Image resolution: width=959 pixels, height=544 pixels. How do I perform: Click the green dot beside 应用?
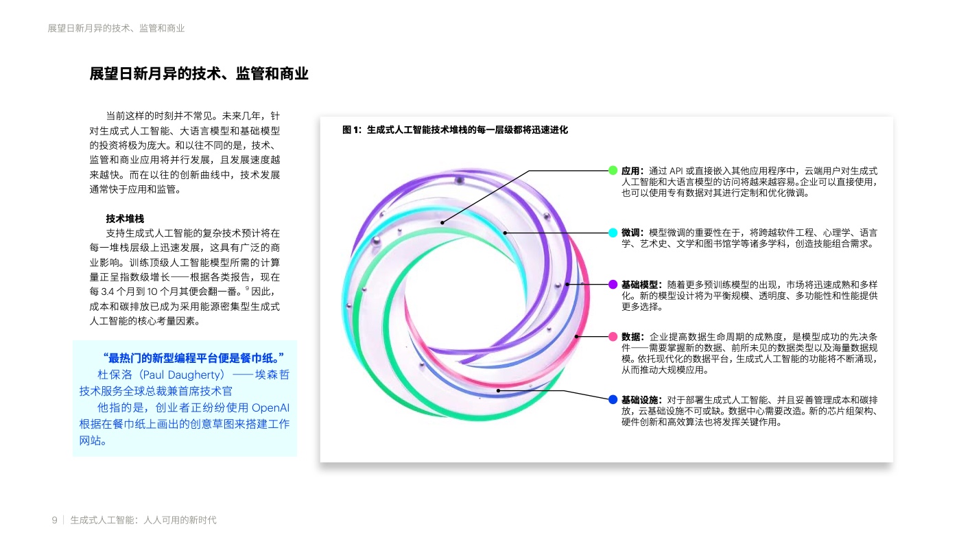pos(613,170)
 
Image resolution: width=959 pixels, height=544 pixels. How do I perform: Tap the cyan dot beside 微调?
pos(613,233)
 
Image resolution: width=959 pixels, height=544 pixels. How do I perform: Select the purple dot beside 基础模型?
pos(613,284)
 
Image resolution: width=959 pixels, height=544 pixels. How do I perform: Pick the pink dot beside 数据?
pos(613,336)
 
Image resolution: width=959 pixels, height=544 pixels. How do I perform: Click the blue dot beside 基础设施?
pos(613,399)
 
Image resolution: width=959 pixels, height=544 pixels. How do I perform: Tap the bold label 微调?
pos(630,233)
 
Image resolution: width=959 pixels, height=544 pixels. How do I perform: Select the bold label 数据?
pos(630,337)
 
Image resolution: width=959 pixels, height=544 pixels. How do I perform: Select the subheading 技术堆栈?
pos(125,219)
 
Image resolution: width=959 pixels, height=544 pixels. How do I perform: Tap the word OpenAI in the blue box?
pos(270,407)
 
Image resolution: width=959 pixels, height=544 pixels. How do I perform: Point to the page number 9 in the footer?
pos(54,520)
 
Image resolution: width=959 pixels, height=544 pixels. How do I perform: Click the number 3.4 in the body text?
pos(108,292)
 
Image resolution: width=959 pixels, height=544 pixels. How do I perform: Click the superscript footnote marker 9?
pos(247,288)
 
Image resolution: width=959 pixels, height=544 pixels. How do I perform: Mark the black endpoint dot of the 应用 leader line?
pos(442,222)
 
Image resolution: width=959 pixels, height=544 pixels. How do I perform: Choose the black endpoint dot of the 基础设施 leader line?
pos(498,390)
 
